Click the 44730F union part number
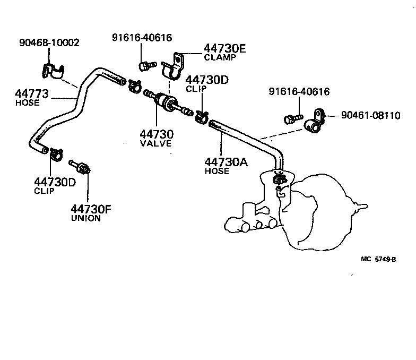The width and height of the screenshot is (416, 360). pos(92,209)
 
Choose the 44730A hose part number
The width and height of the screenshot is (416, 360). pos(227,162)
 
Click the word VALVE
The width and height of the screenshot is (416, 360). pos(156,143)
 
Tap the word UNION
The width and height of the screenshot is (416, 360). pos(86,218)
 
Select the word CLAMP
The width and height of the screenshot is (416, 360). pos(220,58)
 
